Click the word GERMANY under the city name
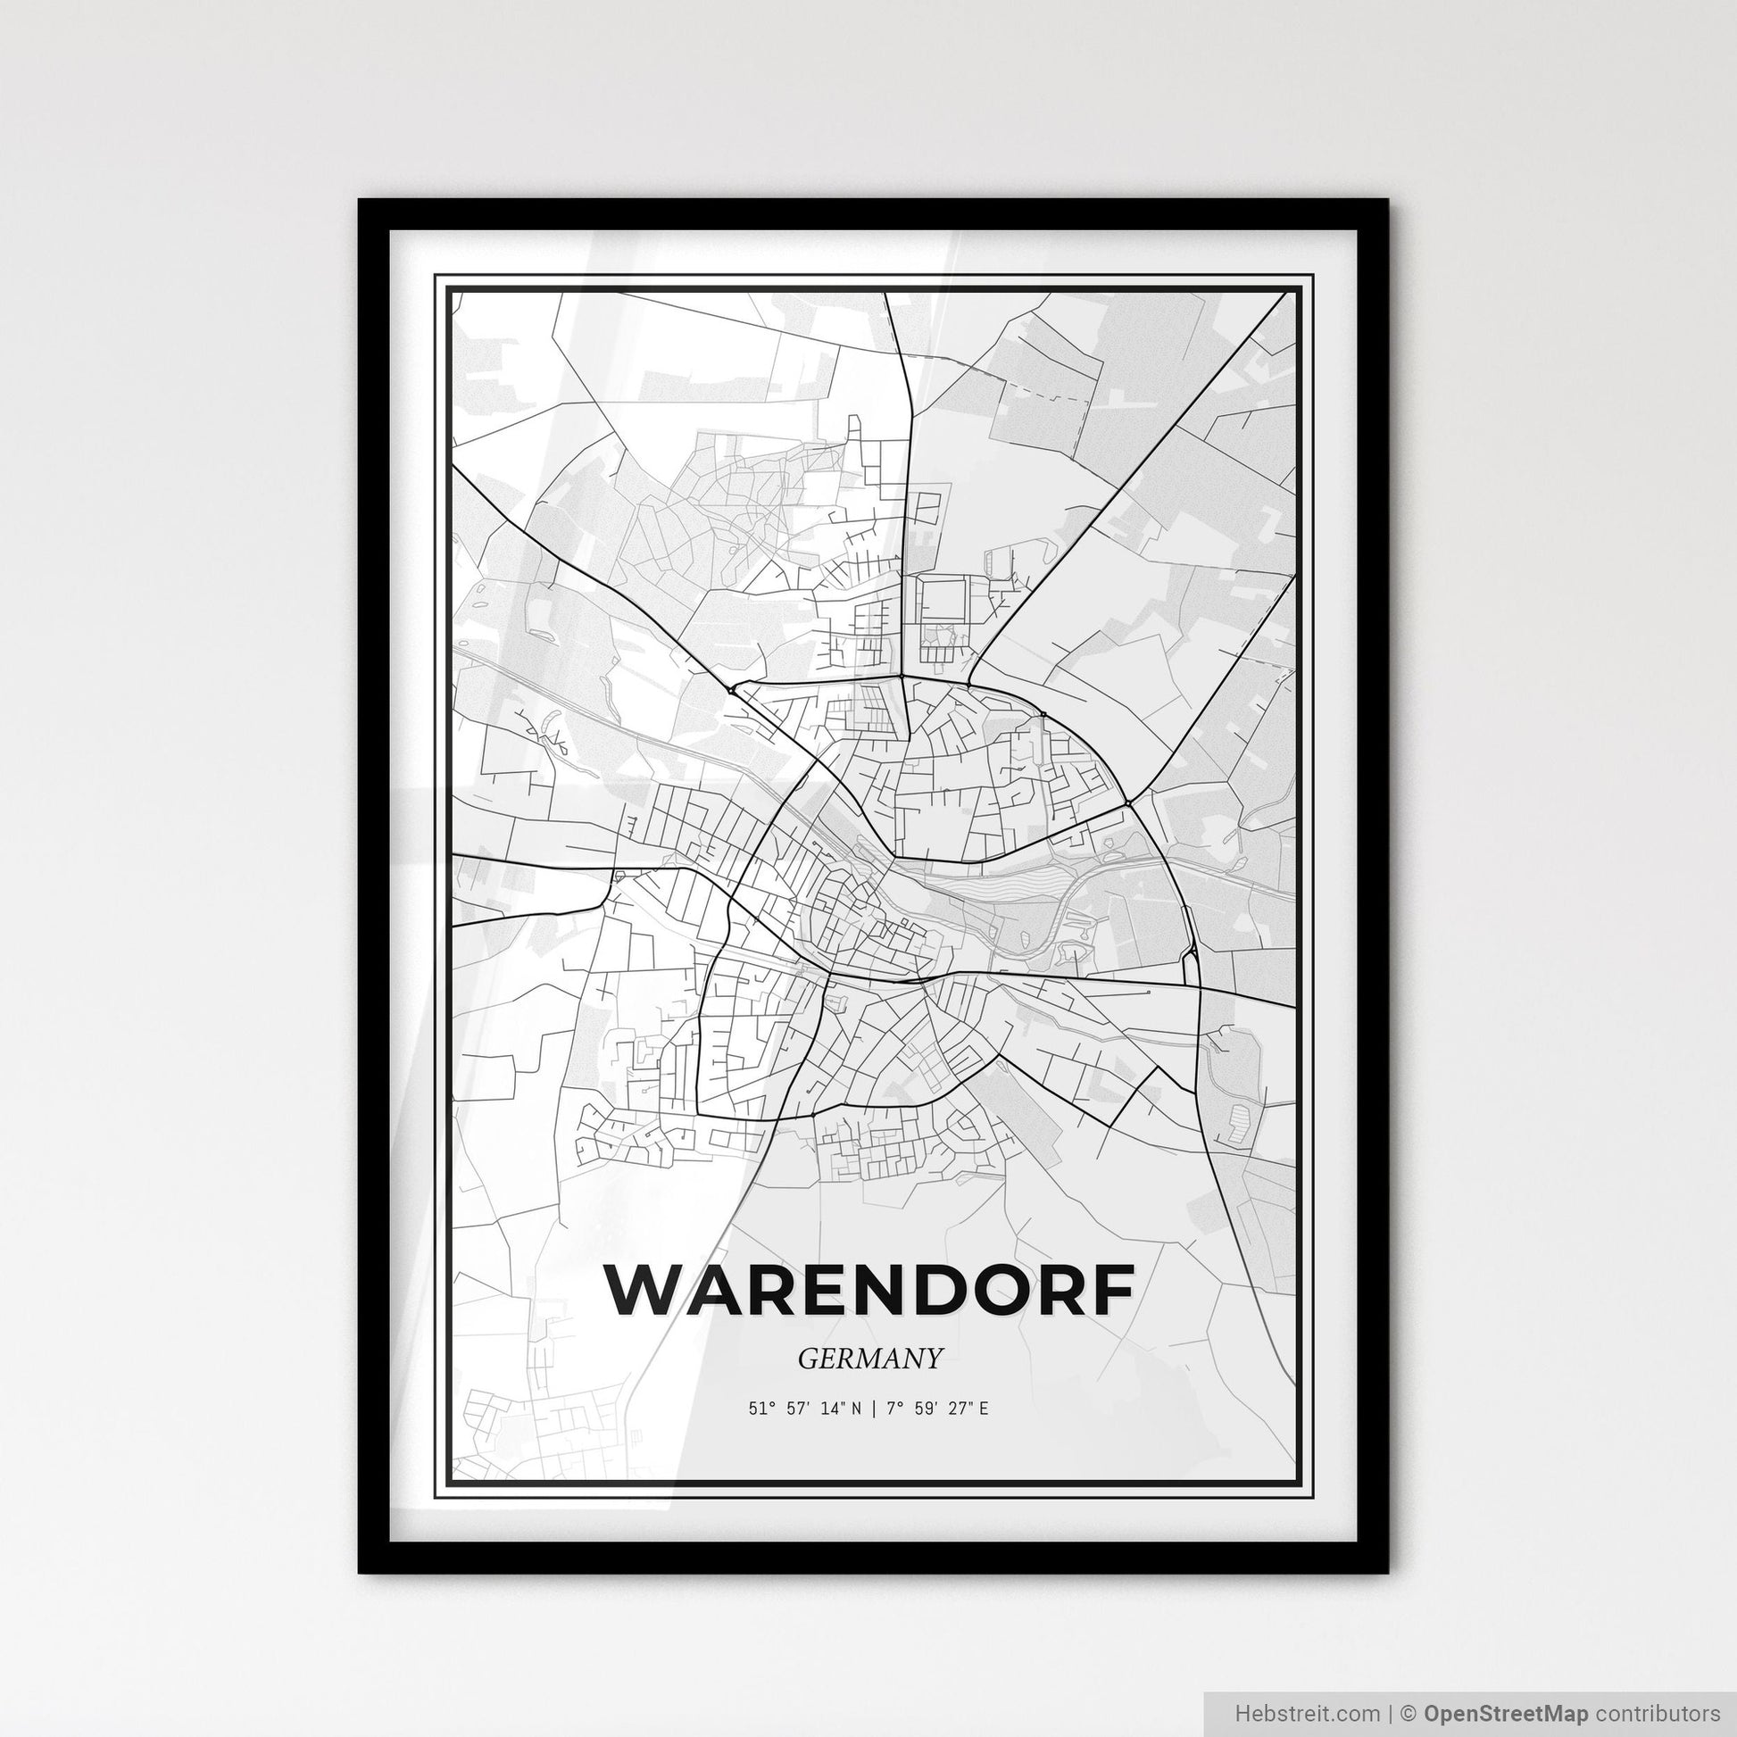[869, 1359]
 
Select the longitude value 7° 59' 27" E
[937, 1409]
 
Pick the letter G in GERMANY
[807, 1359]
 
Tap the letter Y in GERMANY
[935, 1359]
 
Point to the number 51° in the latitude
[757, 1409]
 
